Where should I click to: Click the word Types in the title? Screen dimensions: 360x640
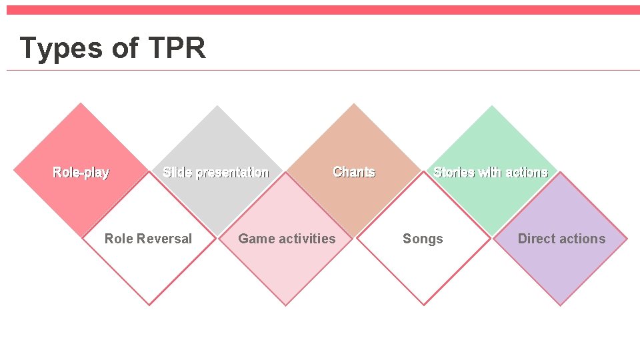pyautogui.click(x=60, y=49)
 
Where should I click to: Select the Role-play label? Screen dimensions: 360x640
pyautogui.click(x=81, y=173)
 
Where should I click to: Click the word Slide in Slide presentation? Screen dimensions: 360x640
pyautogui.click(x=177, y=173)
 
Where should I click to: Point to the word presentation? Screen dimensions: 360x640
pyautogui.click(x=233, y=173)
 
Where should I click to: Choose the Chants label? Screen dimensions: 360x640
pyautogui.click(x=354, y=172)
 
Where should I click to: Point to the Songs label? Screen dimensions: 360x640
pyautogui.click(x=423, y=239)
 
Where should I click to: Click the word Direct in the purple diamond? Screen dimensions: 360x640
pyautogui.click(x=537, y=239)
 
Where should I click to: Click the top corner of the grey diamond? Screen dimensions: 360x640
pyautogui.click(x=217, y=106)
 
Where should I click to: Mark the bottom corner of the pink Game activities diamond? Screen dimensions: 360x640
pyautogui.click(x=286, y=305)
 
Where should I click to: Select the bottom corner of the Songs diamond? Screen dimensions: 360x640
pyautogui.click(x=423, y=305)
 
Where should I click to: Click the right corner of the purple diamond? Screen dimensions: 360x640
pyautogui.click(x=627, y=239)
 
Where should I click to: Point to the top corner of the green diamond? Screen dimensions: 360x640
pyautogui.click(x=492, y=106)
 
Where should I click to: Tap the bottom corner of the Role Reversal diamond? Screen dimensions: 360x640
pyautogui.click(x=149, y=305)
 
